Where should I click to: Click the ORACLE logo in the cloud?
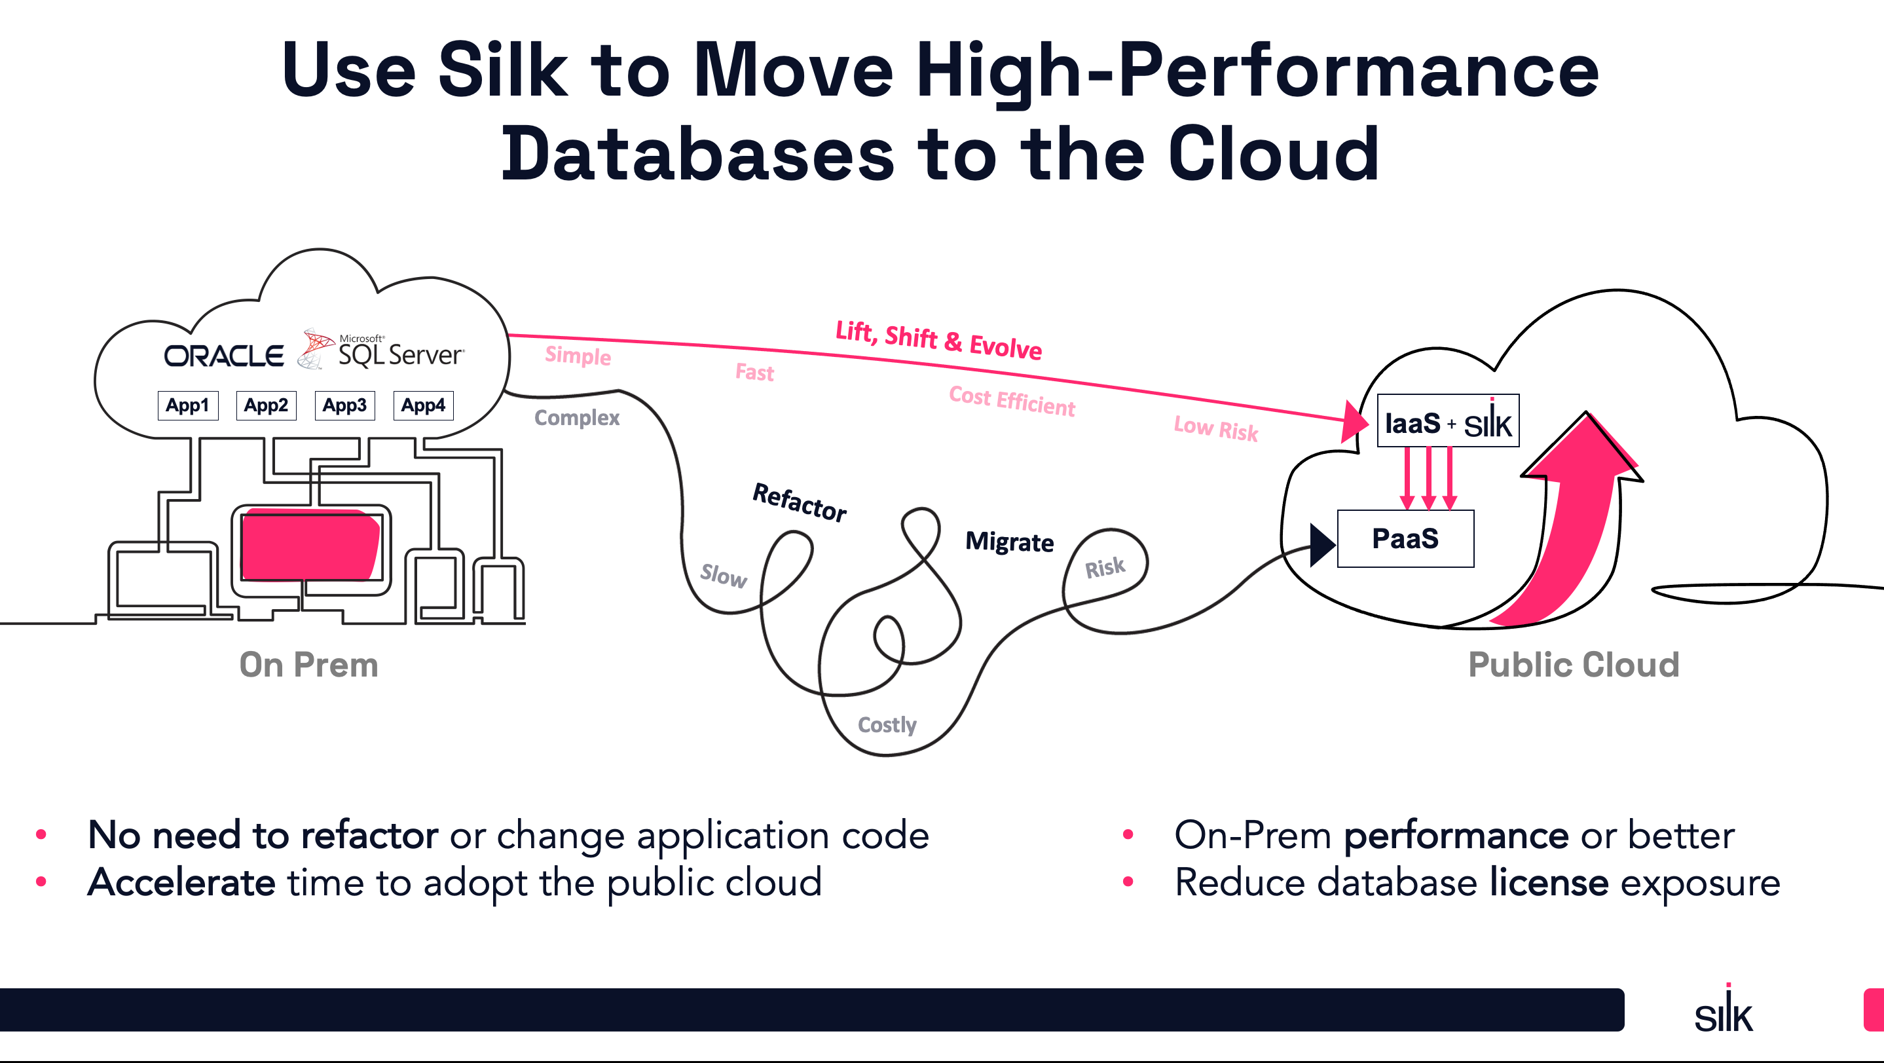[x=223, y=356]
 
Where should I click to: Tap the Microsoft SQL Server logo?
[x=382, y=350]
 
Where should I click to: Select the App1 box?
[x=188, y=405]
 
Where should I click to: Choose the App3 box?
[x=344, y=405]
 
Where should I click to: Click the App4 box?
[x=424, y=405]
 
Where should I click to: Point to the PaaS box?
[x=1405, y=538]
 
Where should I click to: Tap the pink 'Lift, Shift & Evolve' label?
[x=938, y=339]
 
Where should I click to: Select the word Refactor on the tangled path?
[x=800, y=502]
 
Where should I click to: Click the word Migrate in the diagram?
[x=1009, y=542]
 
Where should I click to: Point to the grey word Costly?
[x=887, y=725]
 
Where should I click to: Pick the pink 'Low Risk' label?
[x=1215, y=429]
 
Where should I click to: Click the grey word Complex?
[x=576, y=418]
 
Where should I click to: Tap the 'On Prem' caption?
[x=308, y=665]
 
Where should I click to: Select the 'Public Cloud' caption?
[x=1573, y=665]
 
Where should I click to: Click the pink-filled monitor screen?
[x=310, y=545]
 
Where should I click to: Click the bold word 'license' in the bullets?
[x=1548, y=882]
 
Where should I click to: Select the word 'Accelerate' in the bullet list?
[x=181, y=882]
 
